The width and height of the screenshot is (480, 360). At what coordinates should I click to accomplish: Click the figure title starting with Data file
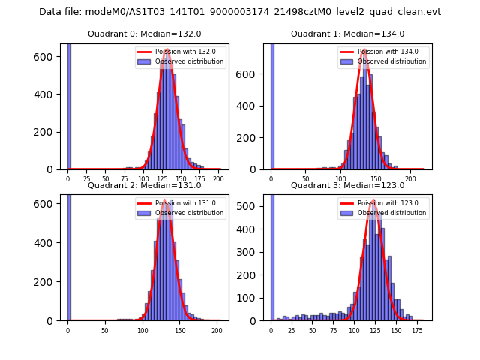(240, 12)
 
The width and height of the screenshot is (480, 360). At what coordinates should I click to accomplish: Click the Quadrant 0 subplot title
(145, 34)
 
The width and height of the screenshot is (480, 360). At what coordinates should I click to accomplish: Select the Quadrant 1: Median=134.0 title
(347, 34)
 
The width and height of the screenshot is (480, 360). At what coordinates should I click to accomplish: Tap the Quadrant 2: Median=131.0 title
(145, 185)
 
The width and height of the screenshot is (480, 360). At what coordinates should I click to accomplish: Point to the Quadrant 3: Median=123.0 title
(347, 185)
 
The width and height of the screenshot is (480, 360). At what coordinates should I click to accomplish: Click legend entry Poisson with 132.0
(184, 52)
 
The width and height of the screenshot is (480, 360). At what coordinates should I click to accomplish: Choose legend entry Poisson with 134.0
(387, 52)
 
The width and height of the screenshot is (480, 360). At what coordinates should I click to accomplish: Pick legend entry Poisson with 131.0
(184, 203)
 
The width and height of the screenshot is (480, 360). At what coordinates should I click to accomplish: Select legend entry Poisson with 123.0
(387, 203)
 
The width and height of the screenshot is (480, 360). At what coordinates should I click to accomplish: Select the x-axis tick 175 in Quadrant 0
(199, 179)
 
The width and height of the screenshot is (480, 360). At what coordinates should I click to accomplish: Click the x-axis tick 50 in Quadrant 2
(105, 330)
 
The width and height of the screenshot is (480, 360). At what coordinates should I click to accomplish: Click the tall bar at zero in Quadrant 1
(271, 105)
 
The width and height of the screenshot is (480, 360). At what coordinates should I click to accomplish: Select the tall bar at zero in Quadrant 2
(69, 255)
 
